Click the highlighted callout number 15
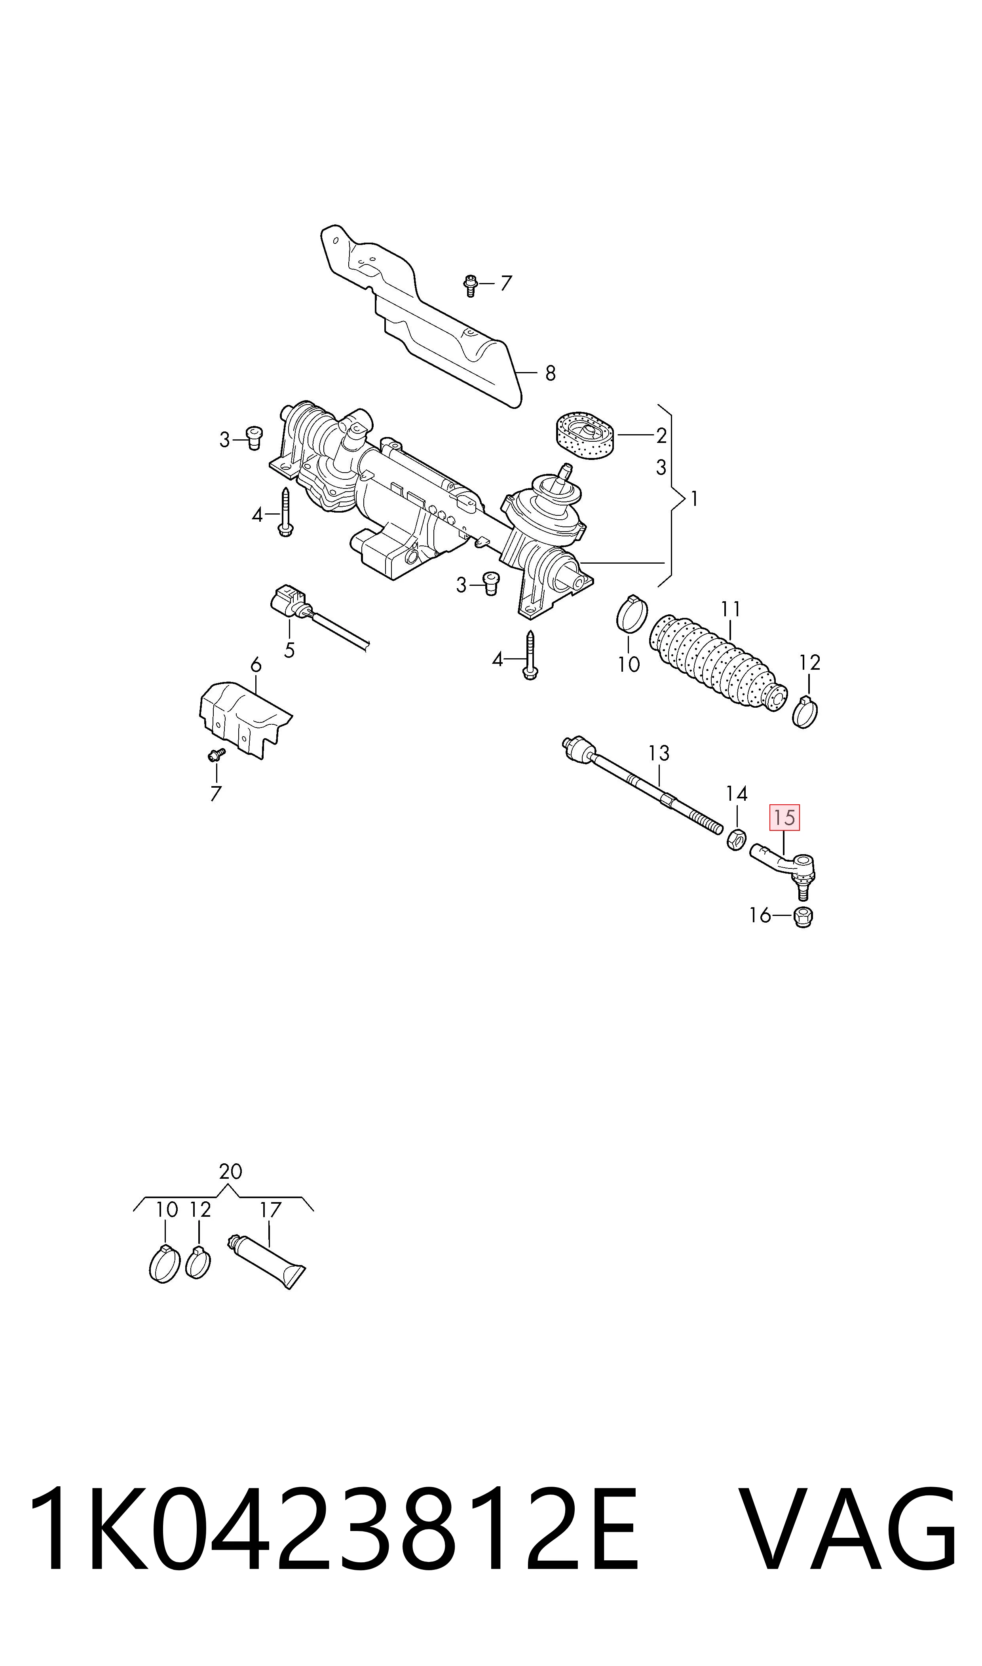(784, 818)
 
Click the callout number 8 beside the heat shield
(550, 374)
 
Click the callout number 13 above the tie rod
(659, 753)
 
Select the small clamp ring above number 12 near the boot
(805, 712)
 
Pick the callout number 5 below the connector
(289, 650)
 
